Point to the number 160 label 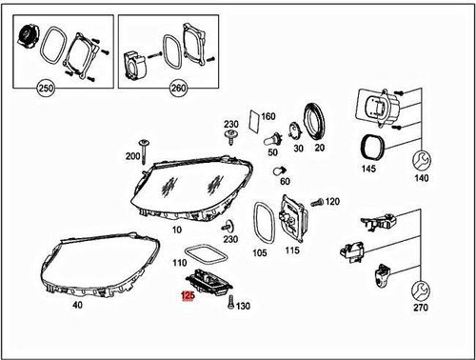point(268,116)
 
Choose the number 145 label point(368,170)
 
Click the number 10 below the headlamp point(176,230)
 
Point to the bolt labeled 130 point(228,304)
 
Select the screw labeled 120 point(318,202)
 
